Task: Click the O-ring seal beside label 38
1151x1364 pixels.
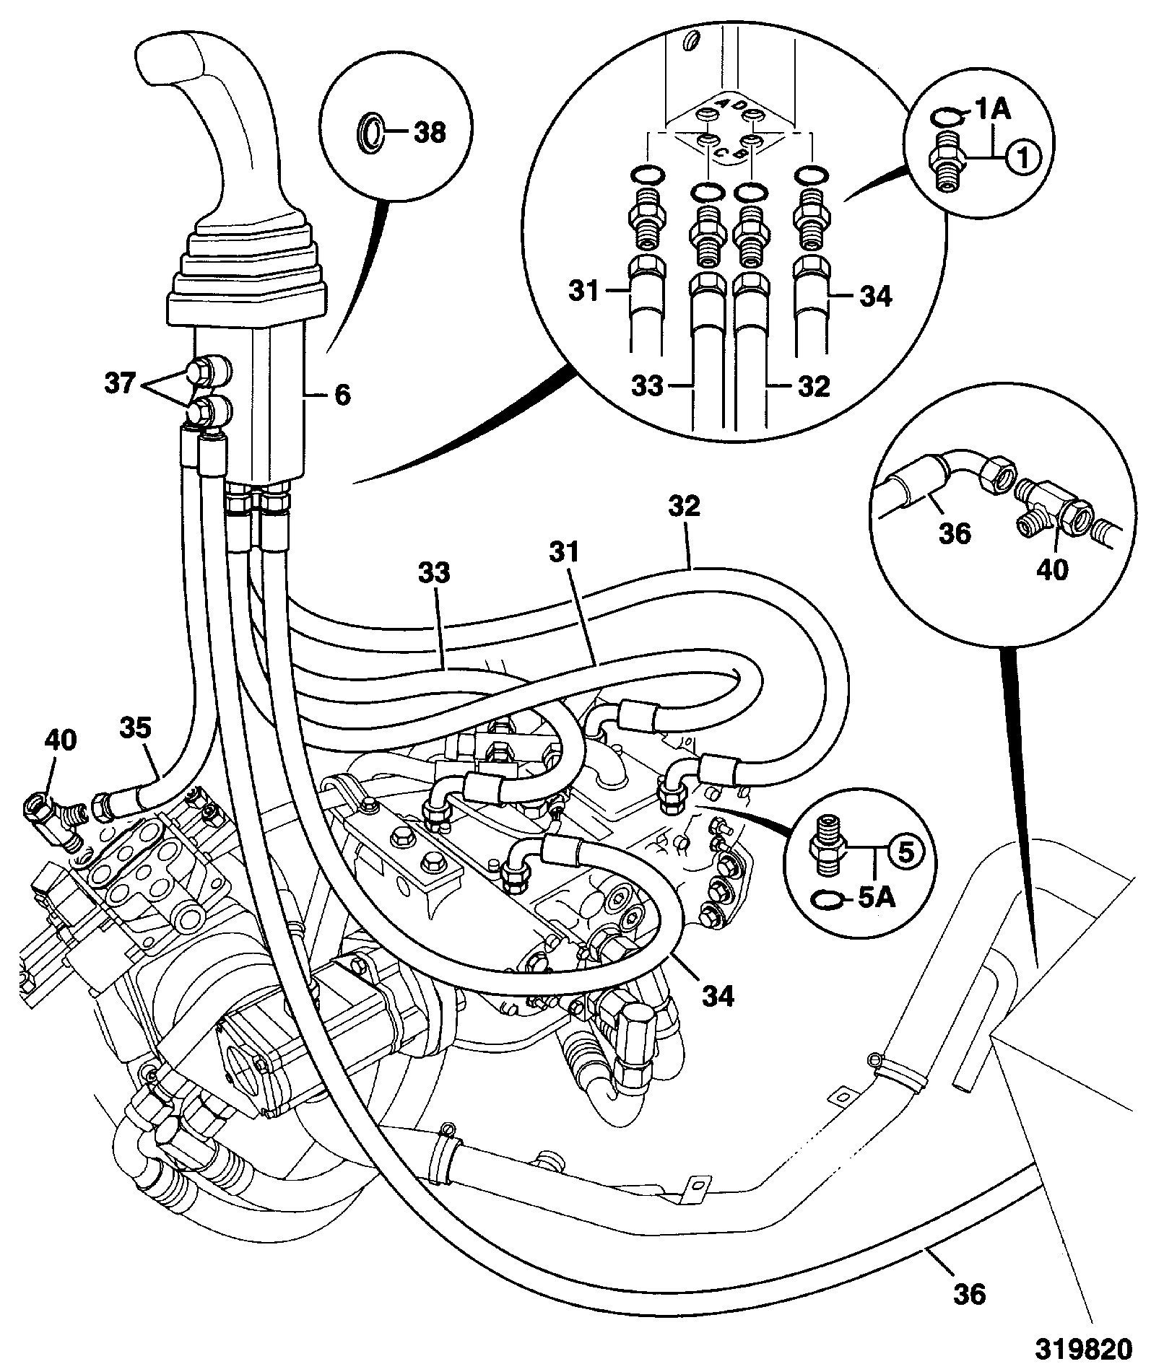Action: (x=370, y=132)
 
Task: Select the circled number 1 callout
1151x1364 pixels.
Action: (x=1025, y=155)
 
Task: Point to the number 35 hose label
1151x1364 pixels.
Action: (x=136, y=729)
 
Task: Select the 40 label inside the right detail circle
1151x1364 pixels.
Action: (x=1051, y=570)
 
